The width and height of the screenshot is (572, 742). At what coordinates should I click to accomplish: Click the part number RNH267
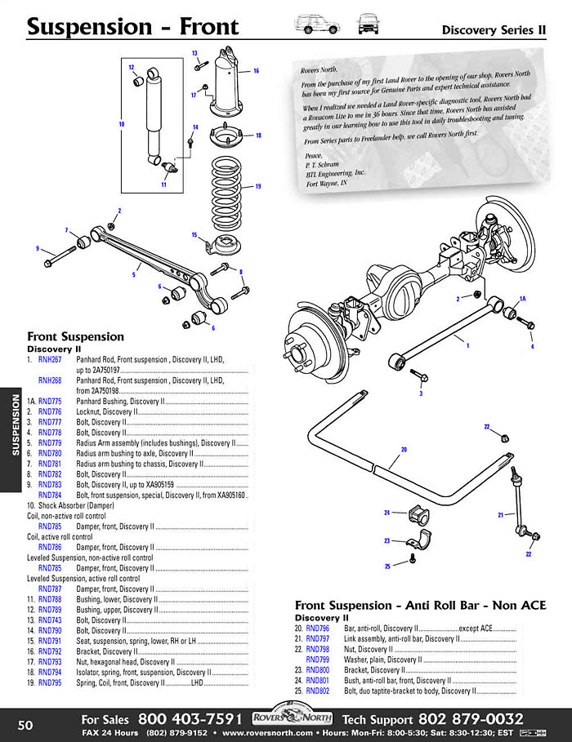pyautogui.click(x=50, y=359)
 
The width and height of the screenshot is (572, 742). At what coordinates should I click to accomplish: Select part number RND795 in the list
pyautogui.click(x=50, y=682)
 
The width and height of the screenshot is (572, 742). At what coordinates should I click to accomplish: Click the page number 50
pyautogui.click(x=25, y=725)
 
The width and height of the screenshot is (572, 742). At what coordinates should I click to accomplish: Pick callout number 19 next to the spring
pyautogui.click(x=257, y=186)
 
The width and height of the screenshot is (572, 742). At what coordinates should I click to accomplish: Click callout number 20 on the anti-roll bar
pyautogui.click(x=403, y=449)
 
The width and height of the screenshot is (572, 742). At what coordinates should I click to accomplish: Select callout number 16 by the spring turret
pyautogui.click(x=256, y=71)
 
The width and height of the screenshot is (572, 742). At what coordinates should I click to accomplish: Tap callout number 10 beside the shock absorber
pyautogui.click(x=121, y=125)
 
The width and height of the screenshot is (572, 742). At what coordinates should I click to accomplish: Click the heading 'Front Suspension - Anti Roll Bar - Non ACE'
pyautogui.click(x=420, y=605)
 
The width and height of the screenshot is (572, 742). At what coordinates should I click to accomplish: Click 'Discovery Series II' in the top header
pyautogui.click(x=493, y=30)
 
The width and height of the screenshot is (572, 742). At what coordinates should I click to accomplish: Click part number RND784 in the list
pyautogui.click(x=50, y=495)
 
